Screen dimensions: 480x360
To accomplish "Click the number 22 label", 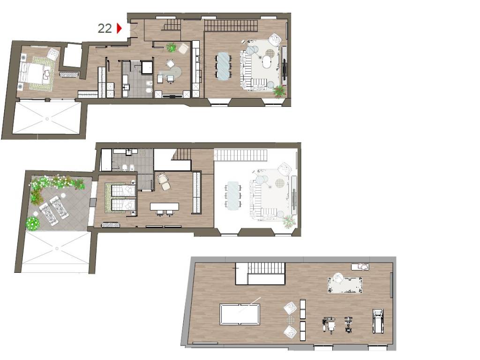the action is (x=105, y=29).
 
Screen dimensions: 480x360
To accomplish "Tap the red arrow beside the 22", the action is (x=120, y=28).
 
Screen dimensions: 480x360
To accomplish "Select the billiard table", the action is (x=240, y=314).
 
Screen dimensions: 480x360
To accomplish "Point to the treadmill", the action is (x=378, y=321).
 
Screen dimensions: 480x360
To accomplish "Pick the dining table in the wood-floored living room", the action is (x=223, y=66).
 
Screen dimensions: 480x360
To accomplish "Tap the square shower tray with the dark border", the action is (x=147, y=67).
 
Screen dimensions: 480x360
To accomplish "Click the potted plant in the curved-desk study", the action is (x=172, y=47).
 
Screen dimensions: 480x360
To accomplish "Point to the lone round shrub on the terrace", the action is (x=33, y=223).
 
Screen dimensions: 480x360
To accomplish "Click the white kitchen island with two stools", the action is (x=165, y=207).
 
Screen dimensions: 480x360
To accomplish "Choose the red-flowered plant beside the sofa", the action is (x=279, y=91).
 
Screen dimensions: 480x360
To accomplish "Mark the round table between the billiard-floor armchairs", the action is (x=291, y=320).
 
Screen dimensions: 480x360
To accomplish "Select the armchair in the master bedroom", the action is (x=52, y=54).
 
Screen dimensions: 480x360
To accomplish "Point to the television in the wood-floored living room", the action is (x=285, y=69).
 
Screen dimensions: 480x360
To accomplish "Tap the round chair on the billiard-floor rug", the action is (x=338, y=278).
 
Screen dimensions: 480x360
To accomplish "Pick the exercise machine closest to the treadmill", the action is (x=348, y=324).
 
